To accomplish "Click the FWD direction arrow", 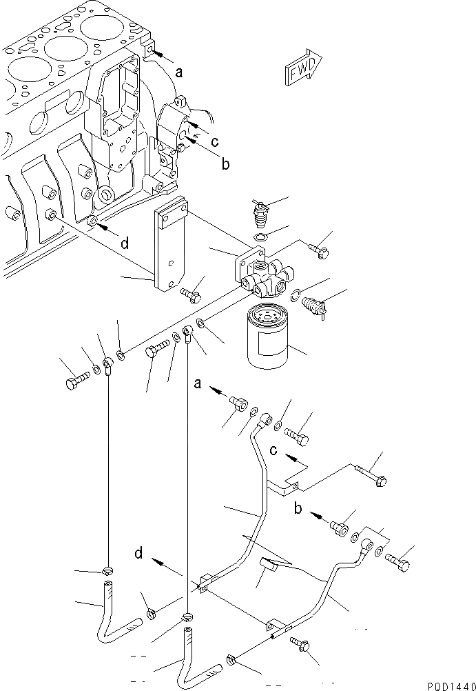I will click(x=300, y=66).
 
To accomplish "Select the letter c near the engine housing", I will click(x=214, y=143).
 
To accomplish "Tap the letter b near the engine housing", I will click(x=225, y=164).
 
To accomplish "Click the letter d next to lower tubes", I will click(x=139, y=552).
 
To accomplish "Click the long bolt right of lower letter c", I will click(x=372, y=473).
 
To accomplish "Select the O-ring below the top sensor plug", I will click(x=260, y=239).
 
